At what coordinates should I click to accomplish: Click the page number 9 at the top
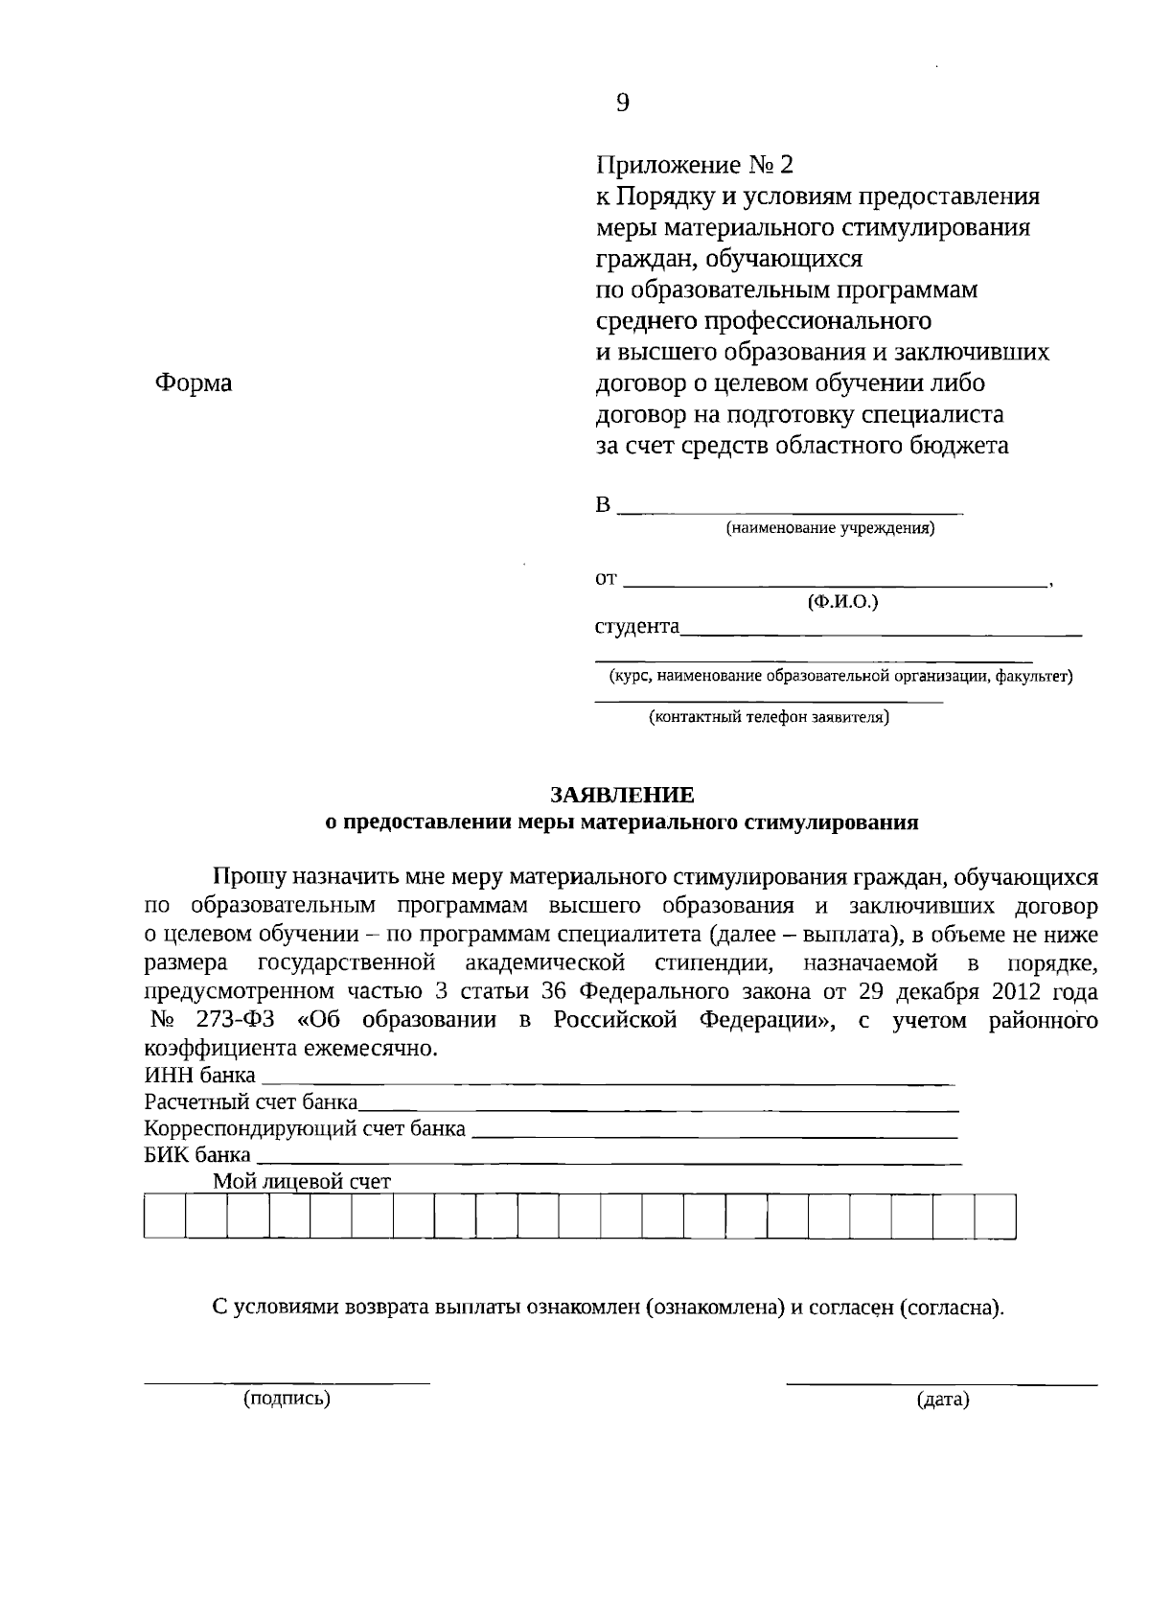[623, 104]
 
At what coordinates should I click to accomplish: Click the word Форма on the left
[194, 383]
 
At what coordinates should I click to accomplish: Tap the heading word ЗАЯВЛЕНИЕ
[622, 795]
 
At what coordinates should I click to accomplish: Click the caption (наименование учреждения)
[830, 528]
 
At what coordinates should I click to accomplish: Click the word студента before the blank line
[637, 627]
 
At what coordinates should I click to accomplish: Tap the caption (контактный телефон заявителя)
[769, 716]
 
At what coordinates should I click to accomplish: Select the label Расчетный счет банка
[251, 1101]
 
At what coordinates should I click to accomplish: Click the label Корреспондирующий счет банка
[305, 1128]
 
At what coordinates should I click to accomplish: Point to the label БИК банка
[197, 1154]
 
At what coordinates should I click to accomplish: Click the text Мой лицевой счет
[302, 1181]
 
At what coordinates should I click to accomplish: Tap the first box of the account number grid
[165, 1216]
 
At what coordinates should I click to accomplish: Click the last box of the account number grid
[995, 1216]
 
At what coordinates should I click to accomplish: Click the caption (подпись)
[287, 1399]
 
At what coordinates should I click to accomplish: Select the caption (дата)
[944, 1401]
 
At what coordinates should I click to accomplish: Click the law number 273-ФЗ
[254, 1020]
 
